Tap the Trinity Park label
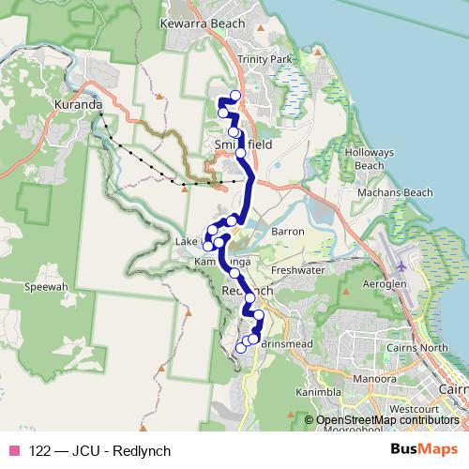point(265,59)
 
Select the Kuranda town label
point(79,105)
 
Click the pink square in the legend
point(12,450)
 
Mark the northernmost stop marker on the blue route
point(234,97)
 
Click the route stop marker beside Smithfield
point(241,152)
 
